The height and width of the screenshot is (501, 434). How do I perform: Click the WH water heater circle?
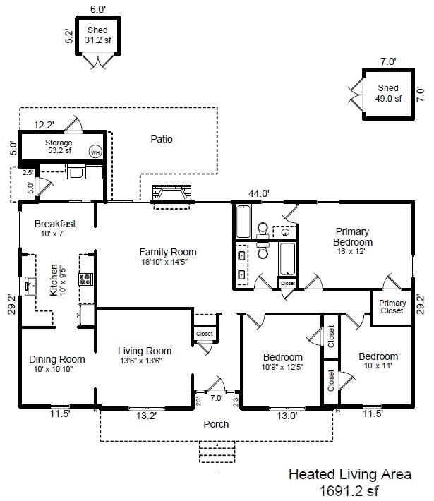click(x=95, y=152)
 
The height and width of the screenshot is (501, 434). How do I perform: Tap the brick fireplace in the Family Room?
click(x=172, y=193)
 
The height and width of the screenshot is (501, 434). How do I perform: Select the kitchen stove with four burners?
click(x=86, y=279)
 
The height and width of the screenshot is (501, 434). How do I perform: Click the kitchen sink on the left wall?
click(x=30, y=286)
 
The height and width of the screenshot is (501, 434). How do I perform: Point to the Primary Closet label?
click(x=392, y=307)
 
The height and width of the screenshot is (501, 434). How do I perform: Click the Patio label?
click(x=162, y=139)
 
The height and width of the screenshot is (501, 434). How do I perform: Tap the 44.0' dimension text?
click(x=259, y=193)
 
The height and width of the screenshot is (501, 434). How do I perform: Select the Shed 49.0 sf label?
click(x=388, y=93)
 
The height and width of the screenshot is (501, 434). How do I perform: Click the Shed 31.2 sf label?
click(x=98, y=35)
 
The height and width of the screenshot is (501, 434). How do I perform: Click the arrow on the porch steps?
click(x=217, y=456)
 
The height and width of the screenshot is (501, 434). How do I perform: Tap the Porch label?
click(x=216, y=424)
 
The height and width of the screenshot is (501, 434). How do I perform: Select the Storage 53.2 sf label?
click(x=59, y=147)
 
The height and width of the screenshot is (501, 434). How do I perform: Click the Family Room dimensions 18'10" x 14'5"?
click(x=164, y=262)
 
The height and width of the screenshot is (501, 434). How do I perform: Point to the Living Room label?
click(x=145, y=351)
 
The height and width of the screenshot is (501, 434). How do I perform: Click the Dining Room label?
click(x=57, y=359)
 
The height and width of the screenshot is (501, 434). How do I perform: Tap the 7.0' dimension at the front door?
click(x=217, y=398)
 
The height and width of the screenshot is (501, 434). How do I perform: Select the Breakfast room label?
click(x=55, y=224)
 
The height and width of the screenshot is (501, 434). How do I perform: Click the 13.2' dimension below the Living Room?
click(x=146, y=416)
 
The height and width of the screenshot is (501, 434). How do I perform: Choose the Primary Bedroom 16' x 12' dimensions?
click(x=351, y=251)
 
